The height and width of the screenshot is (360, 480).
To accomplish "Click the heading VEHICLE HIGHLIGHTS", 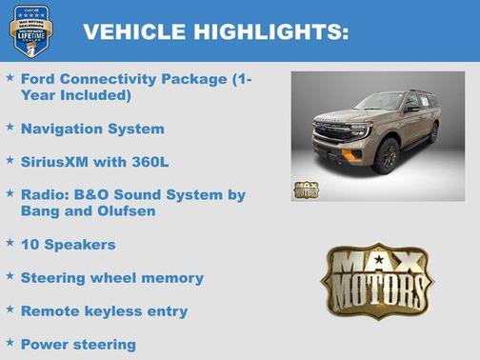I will tap(215, 32).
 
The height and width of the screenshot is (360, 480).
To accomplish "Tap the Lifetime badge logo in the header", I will tap(30, 30).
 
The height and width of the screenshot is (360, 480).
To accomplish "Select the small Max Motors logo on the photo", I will tap(306, 189).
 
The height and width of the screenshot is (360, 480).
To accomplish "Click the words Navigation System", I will tap(91, 129).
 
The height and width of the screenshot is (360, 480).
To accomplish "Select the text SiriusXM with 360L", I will tap(94, 162).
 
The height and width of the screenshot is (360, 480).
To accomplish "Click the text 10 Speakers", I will tap(68, 245).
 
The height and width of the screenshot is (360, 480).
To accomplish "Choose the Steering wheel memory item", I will tap(111, 278).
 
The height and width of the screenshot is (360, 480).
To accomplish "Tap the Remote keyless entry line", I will tap(104, 311).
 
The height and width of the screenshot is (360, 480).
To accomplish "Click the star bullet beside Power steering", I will tap(10, 342).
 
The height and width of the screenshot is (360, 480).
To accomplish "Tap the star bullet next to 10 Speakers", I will tap(10, 243).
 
